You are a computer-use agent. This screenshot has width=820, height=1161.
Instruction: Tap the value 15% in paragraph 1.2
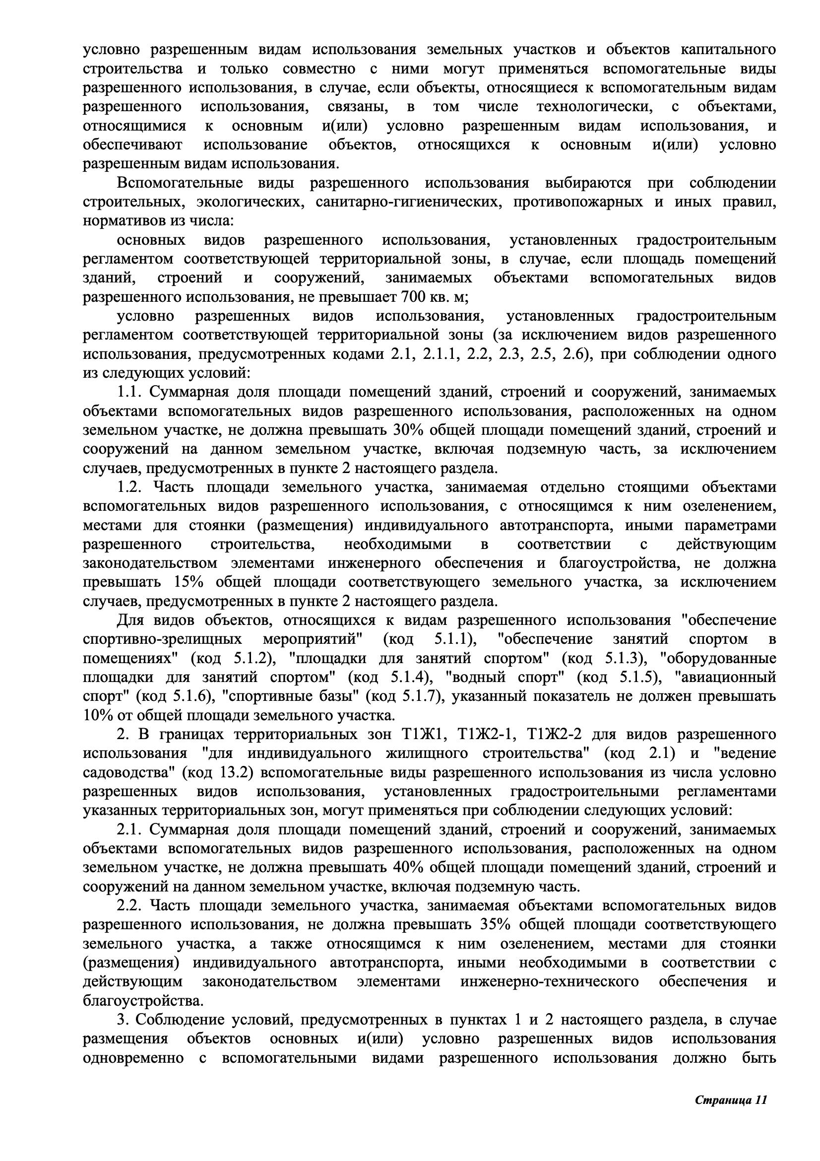coord(188,582)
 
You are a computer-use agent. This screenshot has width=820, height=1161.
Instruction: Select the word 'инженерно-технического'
coord(549,981)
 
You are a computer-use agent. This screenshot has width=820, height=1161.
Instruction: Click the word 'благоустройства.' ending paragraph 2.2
coord(143,1001)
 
